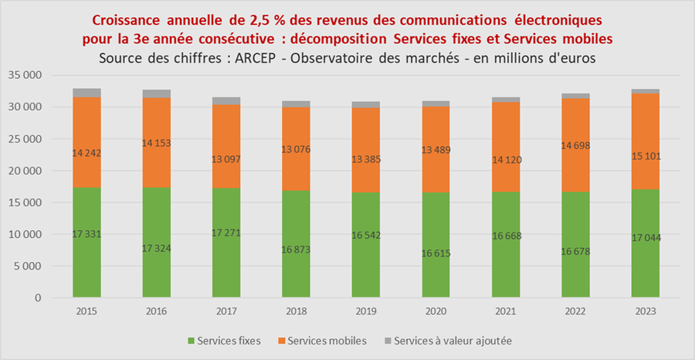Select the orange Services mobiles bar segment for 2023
(646, 124)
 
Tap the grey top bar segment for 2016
(157, 93)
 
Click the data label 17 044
(646, 237)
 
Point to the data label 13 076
(297, 149)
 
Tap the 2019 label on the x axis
(366, 311)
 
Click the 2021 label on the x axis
(506, 311)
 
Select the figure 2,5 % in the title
(255, 18)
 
